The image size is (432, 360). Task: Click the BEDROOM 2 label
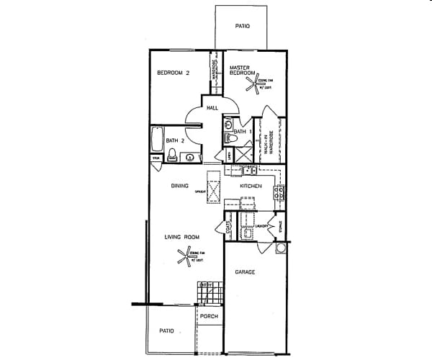173,73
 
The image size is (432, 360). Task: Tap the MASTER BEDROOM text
243,70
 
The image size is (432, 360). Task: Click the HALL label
212,108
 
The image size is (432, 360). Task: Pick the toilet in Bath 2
173,155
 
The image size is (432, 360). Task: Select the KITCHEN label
250,186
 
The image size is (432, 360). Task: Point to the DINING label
179,186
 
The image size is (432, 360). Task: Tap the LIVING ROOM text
181,237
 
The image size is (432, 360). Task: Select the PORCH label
210,317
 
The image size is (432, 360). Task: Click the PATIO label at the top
243,27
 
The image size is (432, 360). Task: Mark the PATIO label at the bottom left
166,331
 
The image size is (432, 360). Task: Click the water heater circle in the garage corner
280,250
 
